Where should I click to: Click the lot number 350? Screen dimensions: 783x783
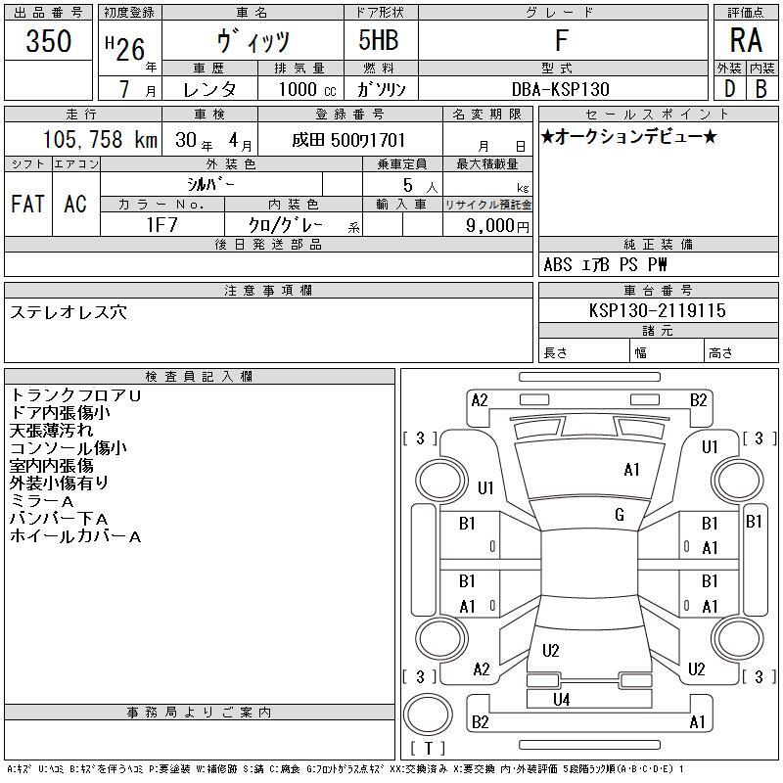[48, 40]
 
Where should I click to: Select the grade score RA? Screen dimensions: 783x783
[746, 40]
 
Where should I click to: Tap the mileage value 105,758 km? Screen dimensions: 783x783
[100, 139]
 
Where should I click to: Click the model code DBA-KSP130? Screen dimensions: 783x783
[560, 89]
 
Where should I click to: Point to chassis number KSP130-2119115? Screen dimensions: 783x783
[657, 310]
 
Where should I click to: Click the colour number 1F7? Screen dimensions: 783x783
[161, 225]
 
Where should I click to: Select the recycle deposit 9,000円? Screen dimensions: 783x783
[497, 226]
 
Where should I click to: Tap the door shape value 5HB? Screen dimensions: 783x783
[379, 40]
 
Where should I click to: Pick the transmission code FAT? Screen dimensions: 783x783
[28, 204]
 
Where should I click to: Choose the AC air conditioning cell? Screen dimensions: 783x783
[75, 204]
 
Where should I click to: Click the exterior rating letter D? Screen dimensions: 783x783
[729, 89]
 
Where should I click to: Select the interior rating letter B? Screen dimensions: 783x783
[761, 89]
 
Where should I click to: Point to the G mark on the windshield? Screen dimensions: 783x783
[620, 515]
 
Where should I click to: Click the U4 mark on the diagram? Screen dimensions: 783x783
[561, 700]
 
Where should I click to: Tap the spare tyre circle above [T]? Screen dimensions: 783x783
[428, 714]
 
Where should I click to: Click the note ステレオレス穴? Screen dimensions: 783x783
[69, 312]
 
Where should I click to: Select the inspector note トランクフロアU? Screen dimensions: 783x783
[75, 395]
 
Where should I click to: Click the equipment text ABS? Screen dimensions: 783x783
[557, 264]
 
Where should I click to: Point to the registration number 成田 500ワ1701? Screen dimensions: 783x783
[348, 140]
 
